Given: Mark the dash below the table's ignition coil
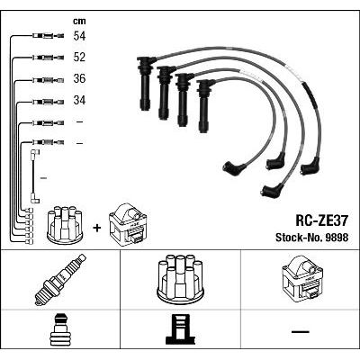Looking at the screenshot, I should pos(299,331).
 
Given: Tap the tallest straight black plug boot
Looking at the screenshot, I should pos(144,83).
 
